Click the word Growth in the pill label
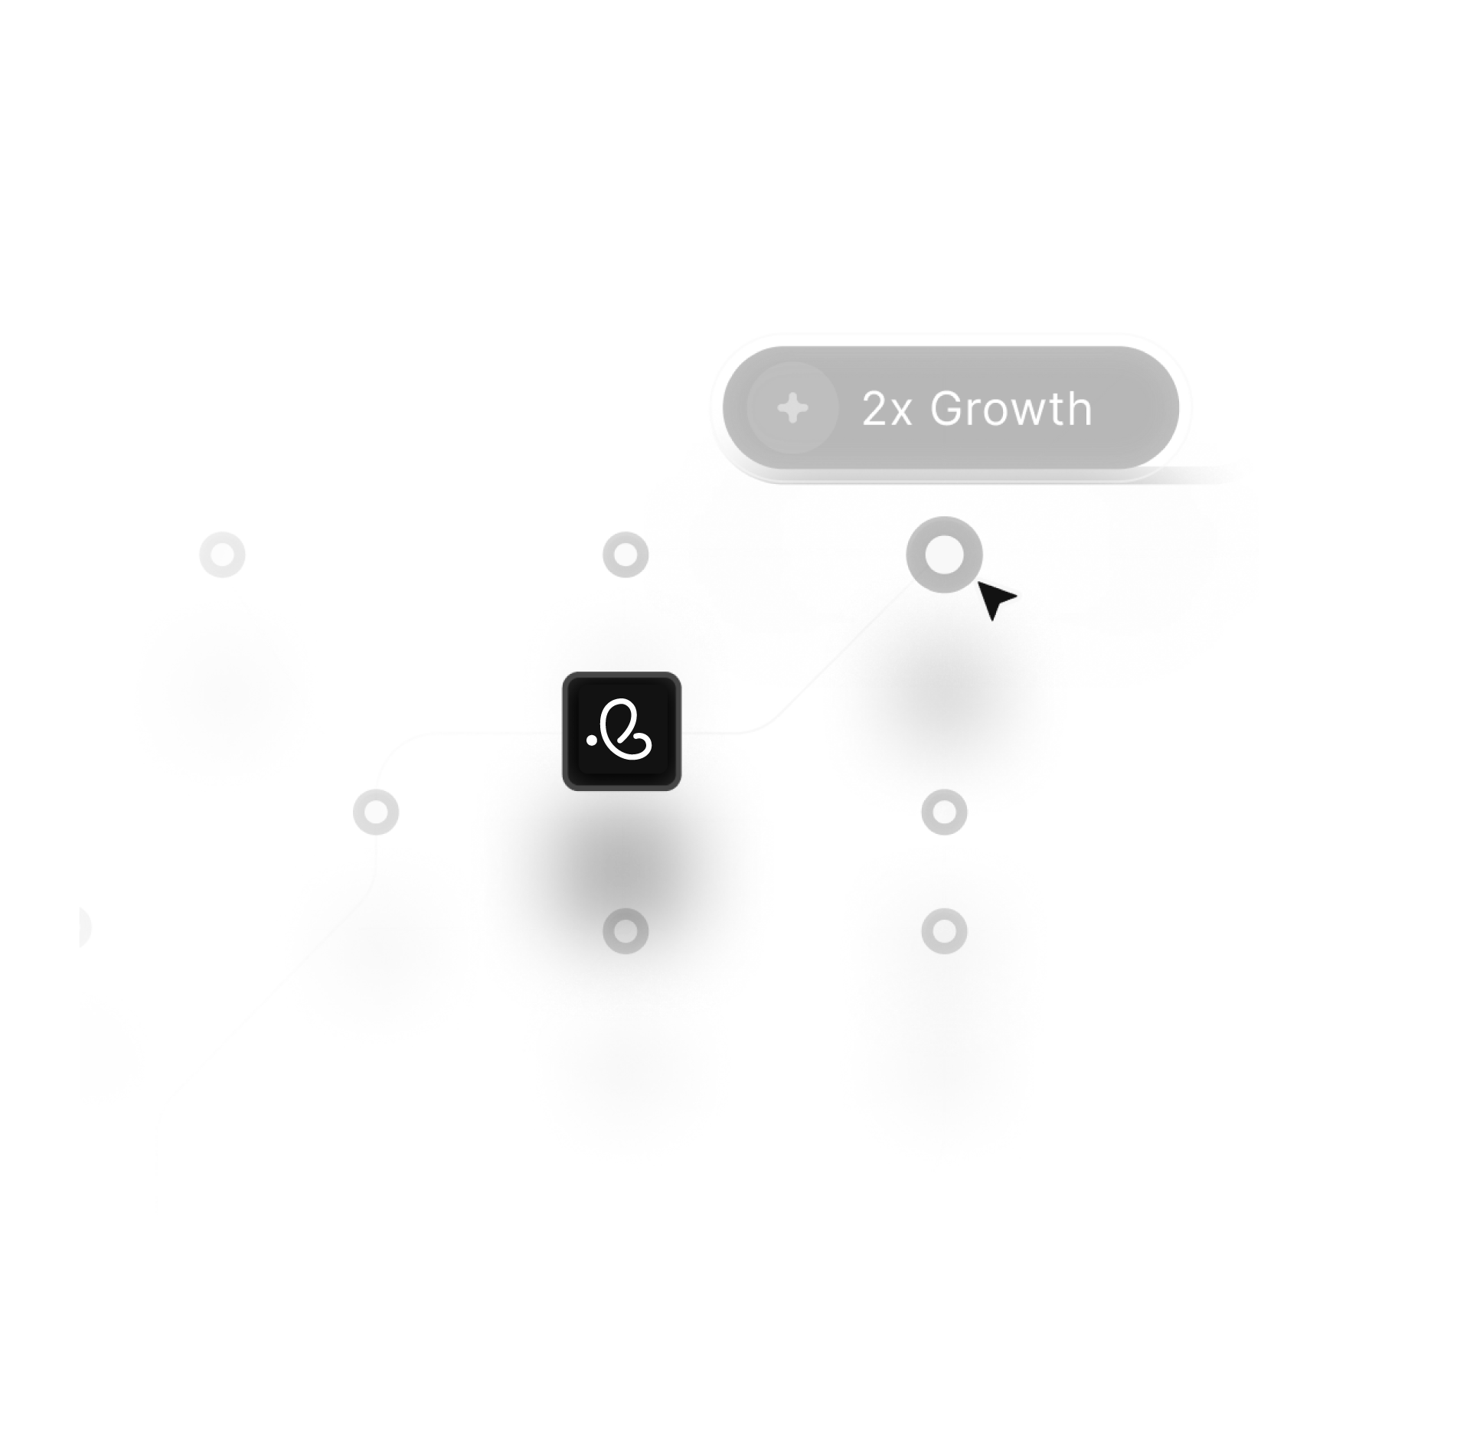1011,409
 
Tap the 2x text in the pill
887,410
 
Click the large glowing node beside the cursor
944,553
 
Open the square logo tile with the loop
622,732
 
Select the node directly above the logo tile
626,554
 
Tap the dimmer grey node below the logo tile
626,931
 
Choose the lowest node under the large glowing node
944,931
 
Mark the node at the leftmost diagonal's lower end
375,812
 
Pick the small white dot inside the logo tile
590,741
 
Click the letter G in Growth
946,409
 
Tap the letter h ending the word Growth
1078,408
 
